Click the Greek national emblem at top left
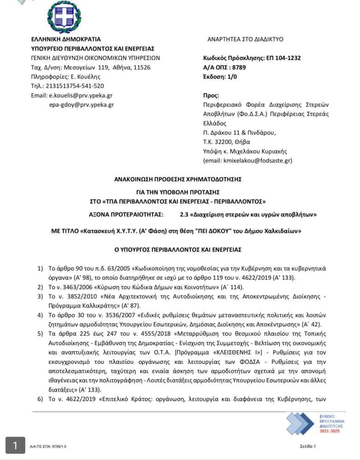tap(64, 18)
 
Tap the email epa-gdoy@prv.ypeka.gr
tap(81, 104)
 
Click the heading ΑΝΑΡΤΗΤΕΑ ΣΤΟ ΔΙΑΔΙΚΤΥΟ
tap(245, 40)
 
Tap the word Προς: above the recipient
tap(211, 95)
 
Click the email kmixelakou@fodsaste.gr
tap(257, 161)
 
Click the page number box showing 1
tap(16, 445)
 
